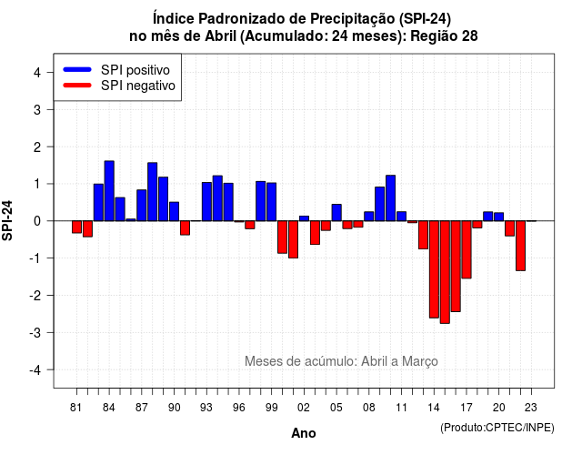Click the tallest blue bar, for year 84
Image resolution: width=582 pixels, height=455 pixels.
click(x=109, y=191)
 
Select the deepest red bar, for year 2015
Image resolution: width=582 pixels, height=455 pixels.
click(x=445, y=272)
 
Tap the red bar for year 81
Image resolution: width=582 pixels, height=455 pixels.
click(x=76, y=227)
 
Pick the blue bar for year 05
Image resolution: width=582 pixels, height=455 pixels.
click(x=336, y=212)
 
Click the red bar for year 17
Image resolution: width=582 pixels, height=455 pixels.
click(x=467, y=249)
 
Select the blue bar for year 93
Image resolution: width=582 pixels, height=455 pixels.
click(x=206, y=202)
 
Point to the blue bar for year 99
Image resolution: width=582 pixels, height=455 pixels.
click(x=272, y=202)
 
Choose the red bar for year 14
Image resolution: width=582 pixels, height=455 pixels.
click(x=434, y=269)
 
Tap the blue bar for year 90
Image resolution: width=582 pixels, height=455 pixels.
click(x=174, y=211)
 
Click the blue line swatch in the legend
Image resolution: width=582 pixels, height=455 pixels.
click(x=77, y=69)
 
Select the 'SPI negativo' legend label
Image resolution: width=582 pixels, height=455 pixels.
click(x=137, y=86)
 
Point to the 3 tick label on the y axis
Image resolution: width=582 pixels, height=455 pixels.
click(x=36, y=109)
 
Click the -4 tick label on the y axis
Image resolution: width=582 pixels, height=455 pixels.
click(x=35, y=370)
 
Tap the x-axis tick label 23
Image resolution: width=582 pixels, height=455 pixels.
click(x=531, y=408)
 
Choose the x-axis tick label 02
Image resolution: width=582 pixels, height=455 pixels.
click(x=303, y=408)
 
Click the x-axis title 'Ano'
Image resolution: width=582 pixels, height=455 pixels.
click(x=304, y=433)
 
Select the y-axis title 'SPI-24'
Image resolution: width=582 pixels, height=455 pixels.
click(x=7, y=220)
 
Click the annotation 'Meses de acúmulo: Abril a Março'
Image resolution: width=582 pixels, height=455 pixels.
click(x=341, y=361)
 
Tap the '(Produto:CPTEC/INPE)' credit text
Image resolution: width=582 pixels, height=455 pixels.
click(x=497, y=428)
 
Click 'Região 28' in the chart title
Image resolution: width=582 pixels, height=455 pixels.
click(x=445, y=36)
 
